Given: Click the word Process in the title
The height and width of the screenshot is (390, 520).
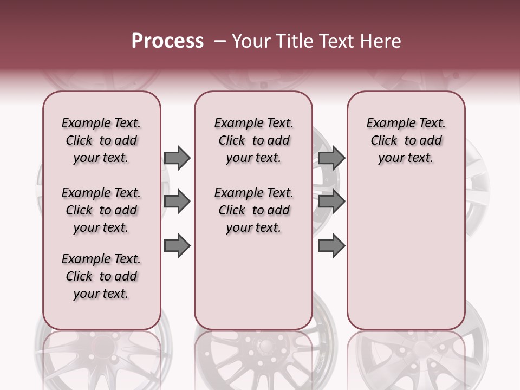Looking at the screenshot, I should [167, 41].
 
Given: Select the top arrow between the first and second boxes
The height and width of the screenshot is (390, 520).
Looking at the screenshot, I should [177, 158].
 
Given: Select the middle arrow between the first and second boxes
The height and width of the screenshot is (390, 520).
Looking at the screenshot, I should [177, 202].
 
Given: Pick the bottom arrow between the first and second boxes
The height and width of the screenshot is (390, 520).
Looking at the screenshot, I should [177, 246].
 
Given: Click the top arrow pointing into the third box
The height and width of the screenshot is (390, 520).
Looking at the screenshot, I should [331, 158].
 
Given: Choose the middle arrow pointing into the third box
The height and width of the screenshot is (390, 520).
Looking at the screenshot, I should [331, 202].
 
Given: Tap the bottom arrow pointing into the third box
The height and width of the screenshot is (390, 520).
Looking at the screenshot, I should [331, 246].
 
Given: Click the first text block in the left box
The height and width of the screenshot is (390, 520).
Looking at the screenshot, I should [101, 140].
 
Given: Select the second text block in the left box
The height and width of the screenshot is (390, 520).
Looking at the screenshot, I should [101, 210].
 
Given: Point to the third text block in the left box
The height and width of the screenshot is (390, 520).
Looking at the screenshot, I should [101, 276].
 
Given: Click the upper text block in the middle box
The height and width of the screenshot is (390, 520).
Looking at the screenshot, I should [254, 140].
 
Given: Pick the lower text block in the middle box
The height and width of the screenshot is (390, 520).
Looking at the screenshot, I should [254, 210].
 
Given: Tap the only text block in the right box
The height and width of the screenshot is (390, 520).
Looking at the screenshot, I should [406, 140].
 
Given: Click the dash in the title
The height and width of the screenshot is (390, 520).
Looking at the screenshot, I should [220, 41].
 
